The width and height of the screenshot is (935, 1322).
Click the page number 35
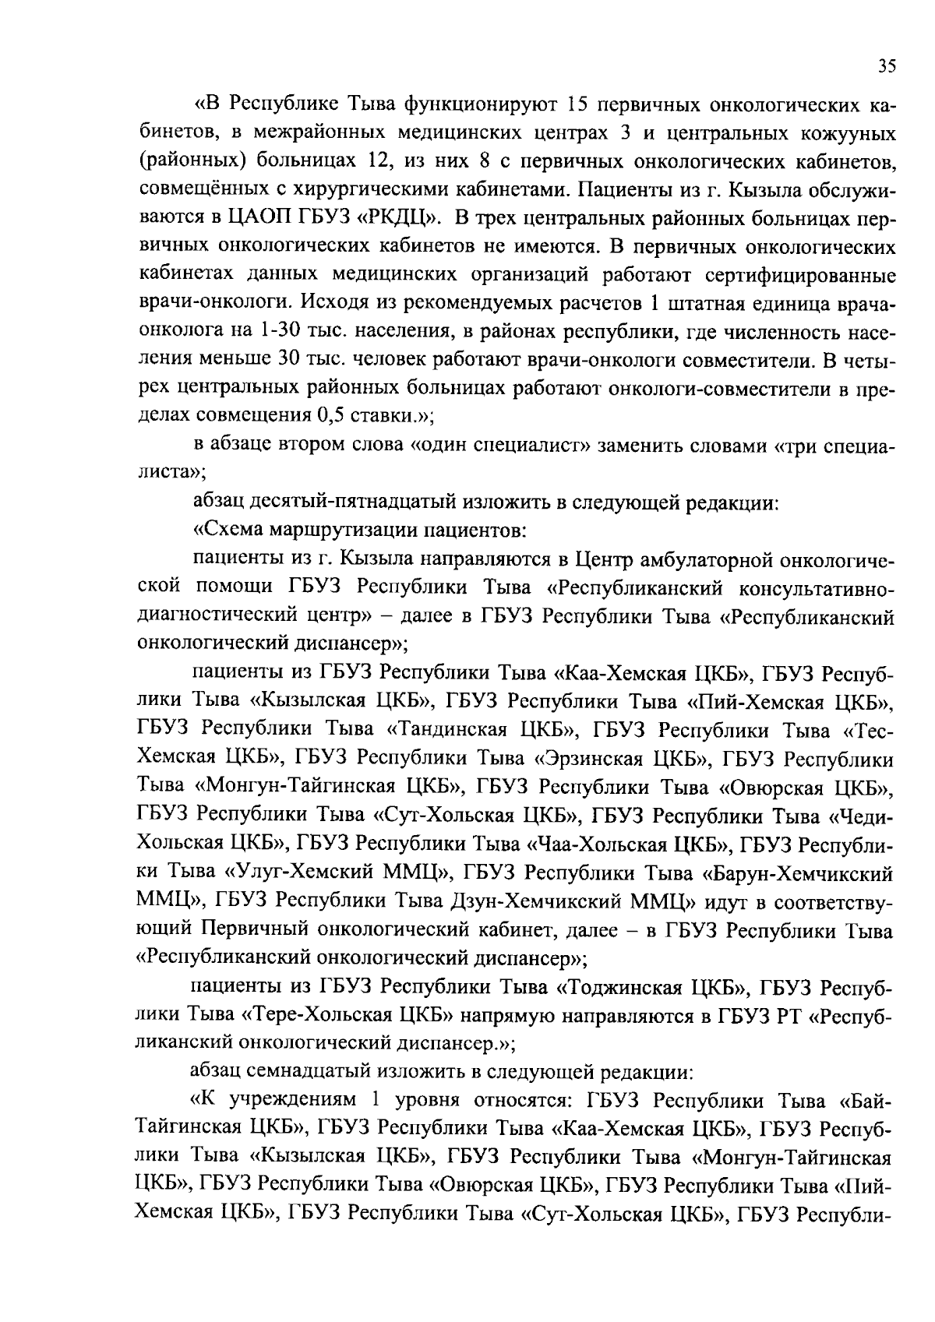pyautogui.click(x=887, y=66)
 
